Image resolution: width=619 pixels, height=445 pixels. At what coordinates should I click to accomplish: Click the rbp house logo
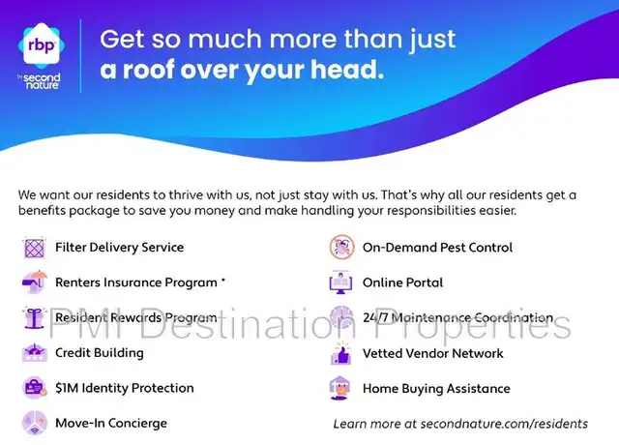tap(42, 45)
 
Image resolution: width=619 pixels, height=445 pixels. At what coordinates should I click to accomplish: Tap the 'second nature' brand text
tap(42, 81)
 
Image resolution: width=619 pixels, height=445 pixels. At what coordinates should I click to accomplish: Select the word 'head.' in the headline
tap(347, 69)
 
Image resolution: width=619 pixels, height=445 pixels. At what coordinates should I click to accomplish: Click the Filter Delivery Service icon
tap(35, 248)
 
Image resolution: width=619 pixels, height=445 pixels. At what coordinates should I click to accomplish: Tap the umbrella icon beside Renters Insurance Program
tap(35, 282)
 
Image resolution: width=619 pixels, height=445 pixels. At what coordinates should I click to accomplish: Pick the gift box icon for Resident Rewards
tap(35, 317)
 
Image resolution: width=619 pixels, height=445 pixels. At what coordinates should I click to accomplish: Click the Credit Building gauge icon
tap(35, 352)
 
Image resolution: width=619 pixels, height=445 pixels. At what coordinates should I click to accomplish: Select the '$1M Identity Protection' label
tap(125, 388)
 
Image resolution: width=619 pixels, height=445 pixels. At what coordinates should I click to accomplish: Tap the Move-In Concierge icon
tap(35, 423)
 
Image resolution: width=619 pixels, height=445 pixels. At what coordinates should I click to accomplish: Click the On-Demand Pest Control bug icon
tap(341, 248)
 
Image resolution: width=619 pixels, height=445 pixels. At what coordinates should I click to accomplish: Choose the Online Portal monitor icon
tap(340, 282)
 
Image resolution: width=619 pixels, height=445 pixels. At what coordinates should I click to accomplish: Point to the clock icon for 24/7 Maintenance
tap(341, 317)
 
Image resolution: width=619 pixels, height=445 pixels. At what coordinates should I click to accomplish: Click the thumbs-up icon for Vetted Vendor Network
tap(341, 353)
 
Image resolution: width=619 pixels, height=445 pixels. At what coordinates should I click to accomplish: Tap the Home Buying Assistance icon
tap(339, 389)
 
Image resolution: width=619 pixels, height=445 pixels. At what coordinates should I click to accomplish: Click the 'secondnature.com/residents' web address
tap(504, 424)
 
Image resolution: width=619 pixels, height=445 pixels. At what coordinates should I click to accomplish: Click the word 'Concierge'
tap(137, 424)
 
